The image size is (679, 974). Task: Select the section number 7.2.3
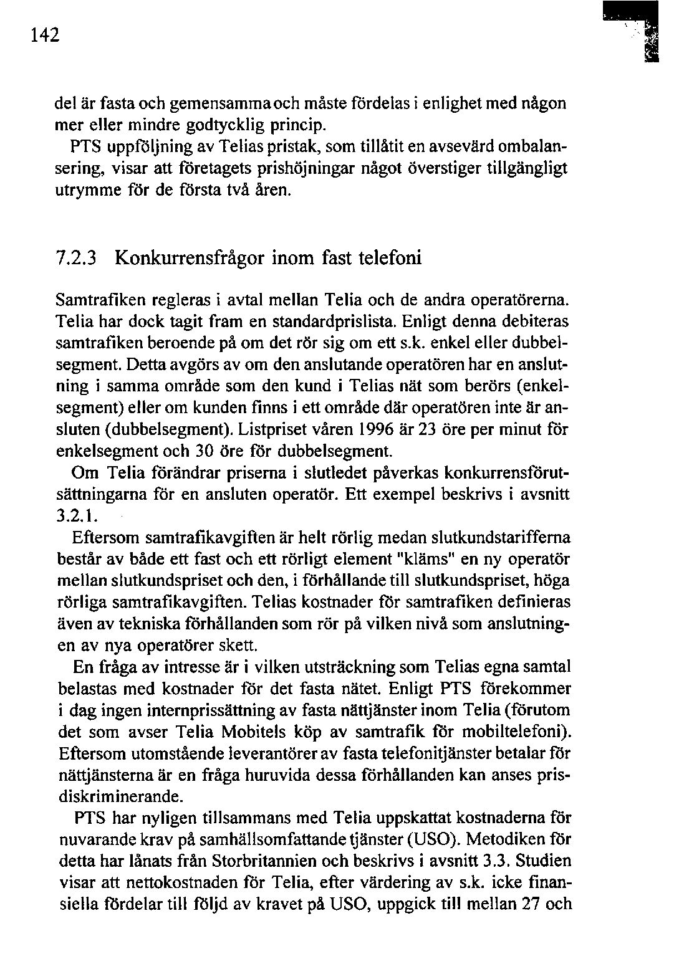(75, 257)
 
